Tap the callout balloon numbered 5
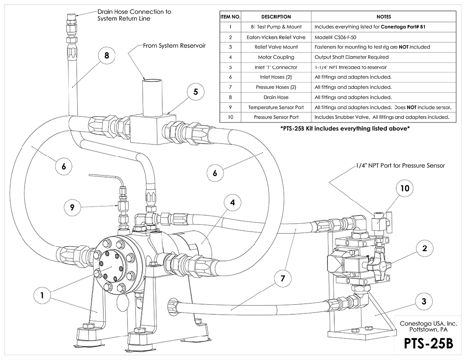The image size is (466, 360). tap(195, 92)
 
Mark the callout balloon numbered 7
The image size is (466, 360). tap(283, 279)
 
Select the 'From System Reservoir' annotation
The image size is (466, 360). tap(174, 46)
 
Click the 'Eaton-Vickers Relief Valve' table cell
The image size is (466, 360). tap(276, 37)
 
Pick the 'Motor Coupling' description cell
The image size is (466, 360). tap(276, 57)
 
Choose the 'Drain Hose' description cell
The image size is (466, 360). tap(276, 97)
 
